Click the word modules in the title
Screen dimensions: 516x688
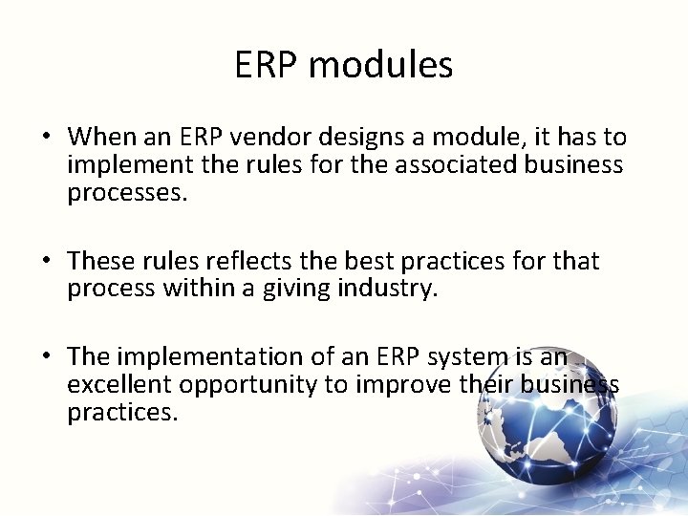(380, 65)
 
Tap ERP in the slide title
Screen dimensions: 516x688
(267, 65)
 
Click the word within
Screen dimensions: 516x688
(200, 289)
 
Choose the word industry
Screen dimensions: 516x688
(387, 289)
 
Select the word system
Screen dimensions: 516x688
(456, 356)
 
